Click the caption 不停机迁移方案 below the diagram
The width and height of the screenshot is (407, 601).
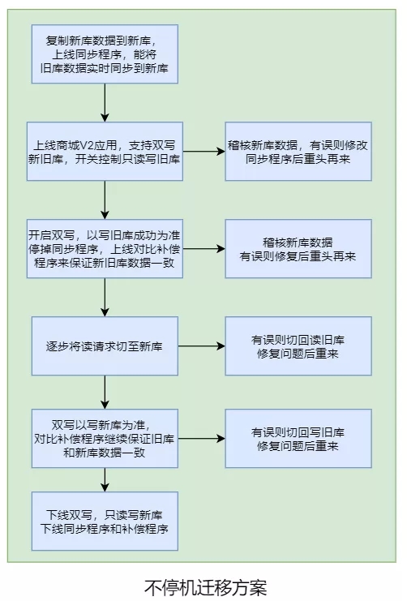[x=204, y=586]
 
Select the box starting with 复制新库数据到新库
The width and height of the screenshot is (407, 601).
[x=105, y=54]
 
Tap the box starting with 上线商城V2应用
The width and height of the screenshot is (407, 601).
[x=105, y=151]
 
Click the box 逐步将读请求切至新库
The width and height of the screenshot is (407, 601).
[x=105, y=346]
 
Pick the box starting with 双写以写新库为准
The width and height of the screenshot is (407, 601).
[x=105, y=437]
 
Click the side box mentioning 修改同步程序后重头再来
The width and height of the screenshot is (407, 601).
[x=298, y=151]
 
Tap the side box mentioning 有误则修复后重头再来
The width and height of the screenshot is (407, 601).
[x=298, y=248]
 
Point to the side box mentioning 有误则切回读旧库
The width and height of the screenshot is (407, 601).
[x=298, y=346]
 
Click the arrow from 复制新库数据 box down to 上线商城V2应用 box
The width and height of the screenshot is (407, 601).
[x=105, y=102]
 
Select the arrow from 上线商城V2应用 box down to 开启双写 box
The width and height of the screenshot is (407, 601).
[x=105, y=200]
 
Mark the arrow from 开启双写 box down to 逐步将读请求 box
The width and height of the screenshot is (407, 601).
[x=105, y=297]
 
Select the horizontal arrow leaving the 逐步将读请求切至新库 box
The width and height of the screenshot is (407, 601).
[x=201, y=346]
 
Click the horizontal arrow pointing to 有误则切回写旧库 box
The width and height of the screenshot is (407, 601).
[x=201, y=438]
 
